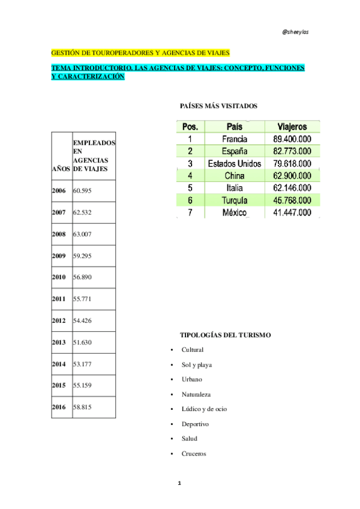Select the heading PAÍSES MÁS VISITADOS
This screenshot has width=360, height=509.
218,106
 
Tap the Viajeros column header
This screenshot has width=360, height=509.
292,127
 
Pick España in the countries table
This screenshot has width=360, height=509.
234,151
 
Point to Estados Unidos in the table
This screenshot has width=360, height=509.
234,163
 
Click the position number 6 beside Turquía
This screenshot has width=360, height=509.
190,200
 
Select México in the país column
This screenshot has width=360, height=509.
234,212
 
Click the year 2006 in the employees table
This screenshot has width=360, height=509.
59,191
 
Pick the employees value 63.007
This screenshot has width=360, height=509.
82,234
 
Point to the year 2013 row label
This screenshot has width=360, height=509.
59,342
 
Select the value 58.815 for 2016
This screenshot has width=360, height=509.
82,407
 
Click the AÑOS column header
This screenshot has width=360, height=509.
61,169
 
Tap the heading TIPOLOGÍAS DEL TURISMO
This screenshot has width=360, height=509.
226,335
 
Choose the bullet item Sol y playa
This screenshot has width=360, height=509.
197,364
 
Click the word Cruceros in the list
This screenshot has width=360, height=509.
194,454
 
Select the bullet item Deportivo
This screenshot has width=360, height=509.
196,424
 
